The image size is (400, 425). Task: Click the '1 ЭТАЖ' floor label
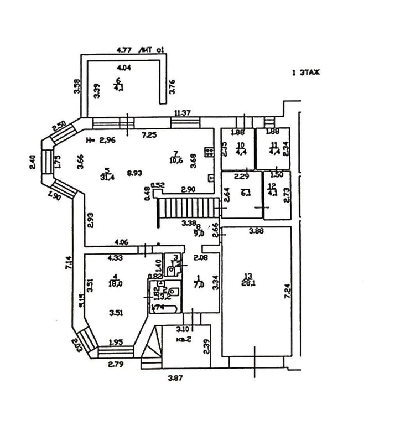pos(306,72)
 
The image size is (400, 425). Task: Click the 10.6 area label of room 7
pos(176,160)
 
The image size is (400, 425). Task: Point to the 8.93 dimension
pos(133,173)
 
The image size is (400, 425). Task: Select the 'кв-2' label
pos(184,340)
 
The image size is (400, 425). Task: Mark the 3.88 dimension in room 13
pos(255,231)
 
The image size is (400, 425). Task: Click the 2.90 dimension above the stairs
pos(189,190)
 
